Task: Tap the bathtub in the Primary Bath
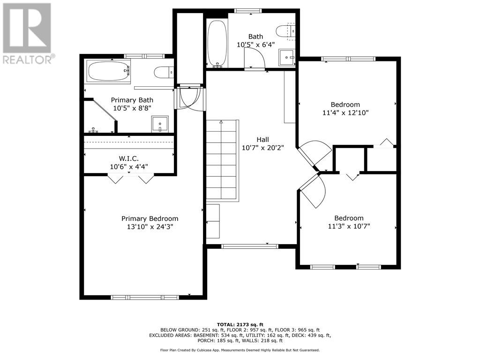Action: click(108, 71)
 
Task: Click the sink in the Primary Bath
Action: click(160, 124)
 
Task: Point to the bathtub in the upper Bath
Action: click(217, 44)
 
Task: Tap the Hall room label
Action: click(262, 140)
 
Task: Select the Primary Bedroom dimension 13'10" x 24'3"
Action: click(150, 227)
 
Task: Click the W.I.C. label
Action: click(128, 158)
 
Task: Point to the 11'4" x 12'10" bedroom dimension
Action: click(345, 112)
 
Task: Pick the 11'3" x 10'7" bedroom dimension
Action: click(349, 226)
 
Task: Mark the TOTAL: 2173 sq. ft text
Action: click(240, 324)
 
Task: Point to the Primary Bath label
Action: click(132, 100)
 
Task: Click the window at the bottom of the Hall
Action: click(250, 246)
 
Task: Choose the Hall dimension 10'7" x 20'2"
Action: click(263, 148)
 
